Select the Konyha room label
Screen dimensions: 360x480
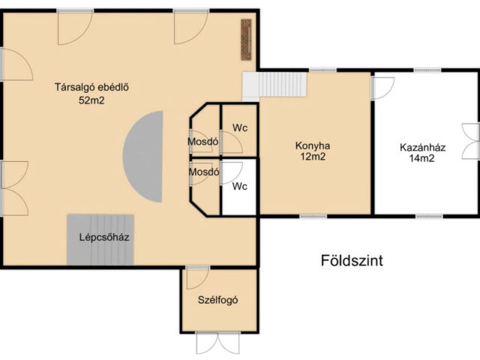(x=313, y=145)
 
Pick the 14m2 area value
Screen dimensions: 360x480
(x=422, y=158)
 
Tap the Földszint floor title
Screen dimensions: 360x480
(x=352, y=261)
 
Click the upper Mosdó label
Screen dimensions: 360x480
(x=202, y=141)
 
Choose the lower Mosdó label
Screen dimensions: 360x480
(x=203, y=172)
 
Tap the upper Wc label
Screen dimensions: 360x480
(x=239, y=127)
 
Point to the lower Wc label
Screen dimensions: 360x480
(x=239, y=185)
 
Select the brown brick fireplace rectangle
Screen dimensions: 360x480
(x=245, y=39)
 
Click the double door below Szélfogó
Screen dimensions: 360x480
(x=217, y=343)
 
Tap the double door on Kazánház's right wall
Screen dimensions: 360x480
(x=470, y=141)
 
